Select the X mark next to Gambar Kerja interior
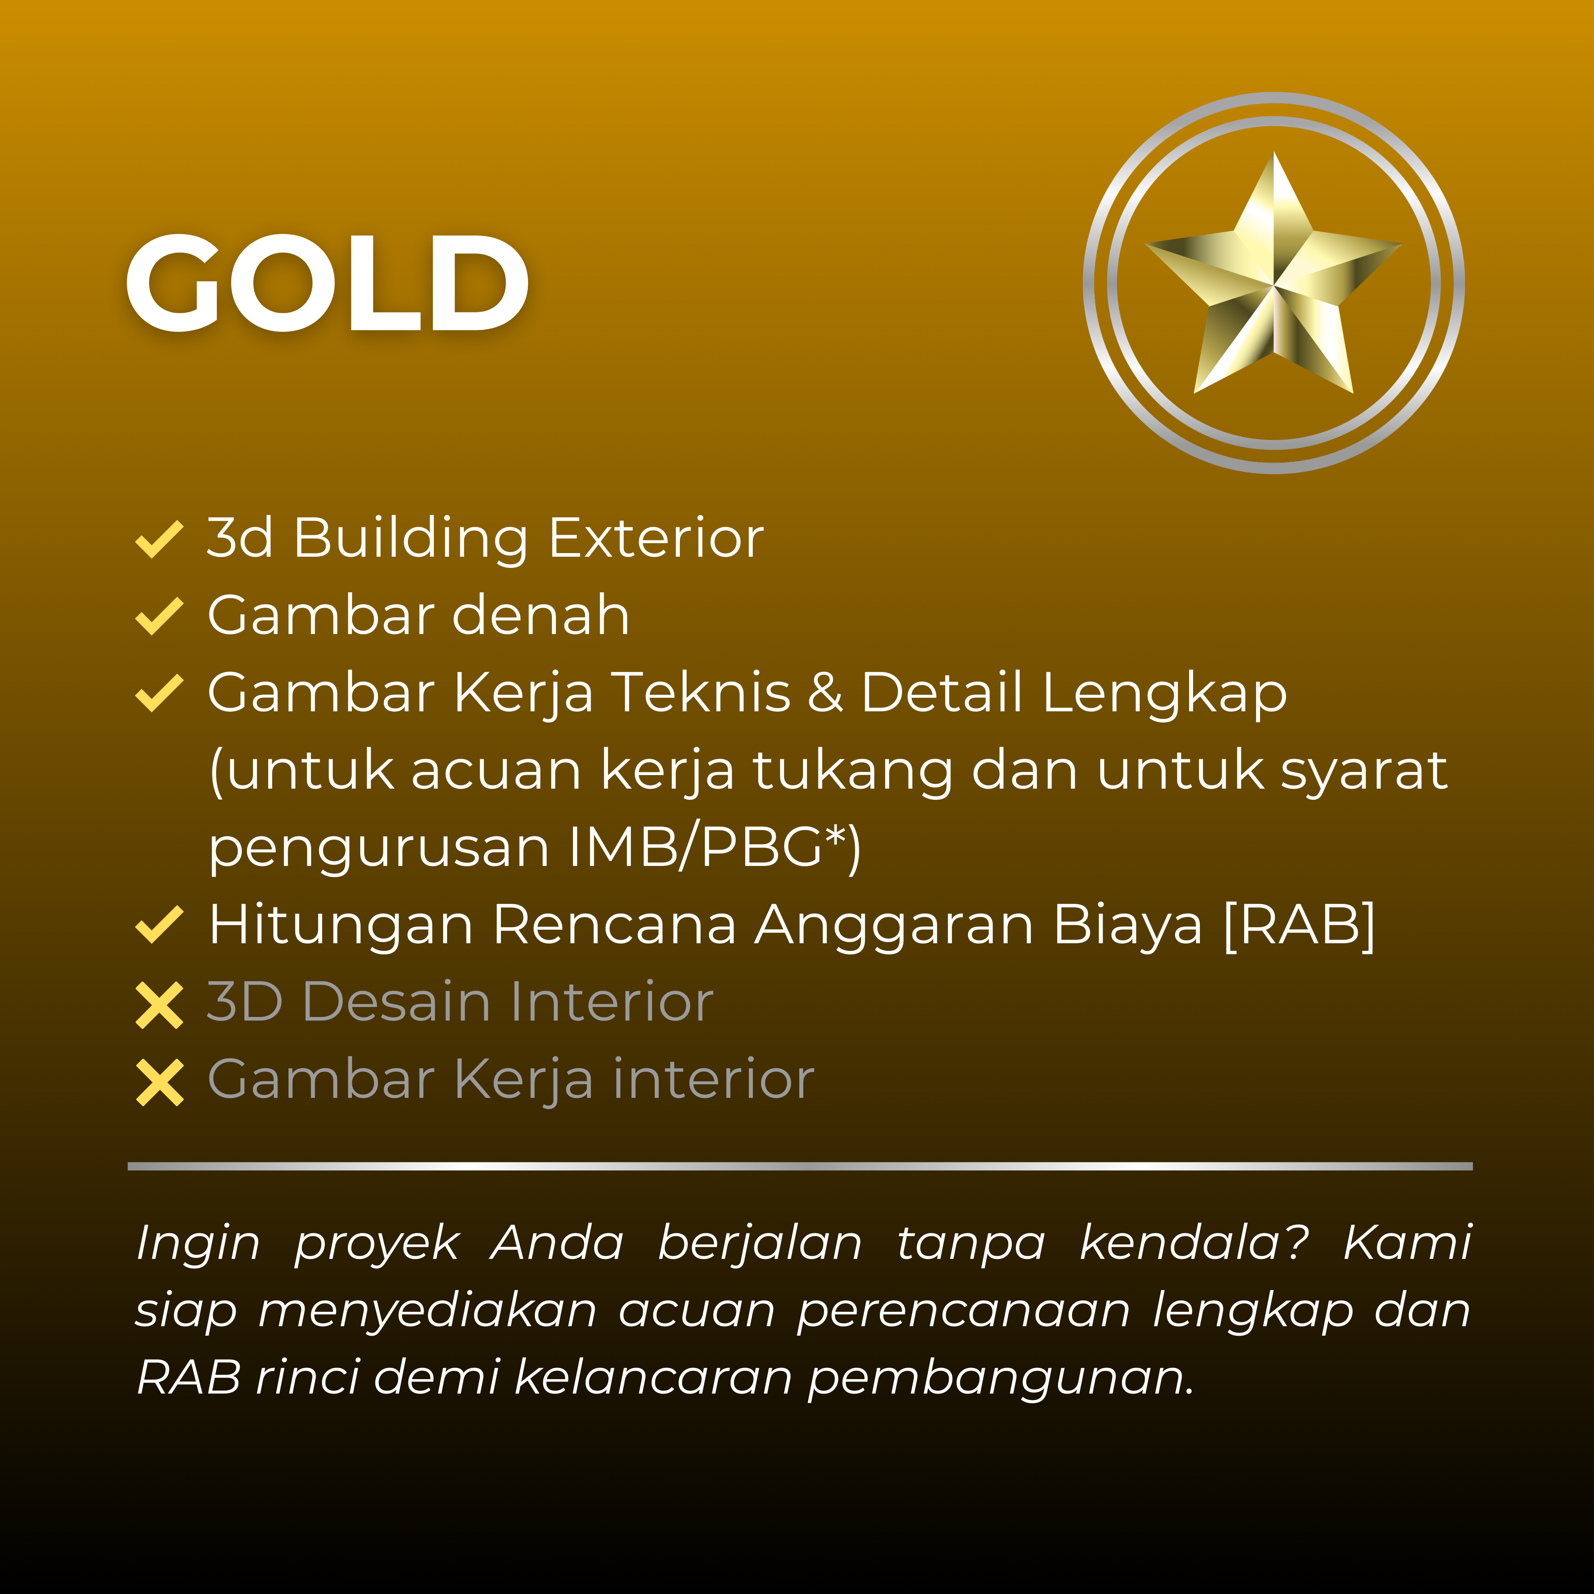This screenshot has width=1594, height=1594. [x=159, y=1082]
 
